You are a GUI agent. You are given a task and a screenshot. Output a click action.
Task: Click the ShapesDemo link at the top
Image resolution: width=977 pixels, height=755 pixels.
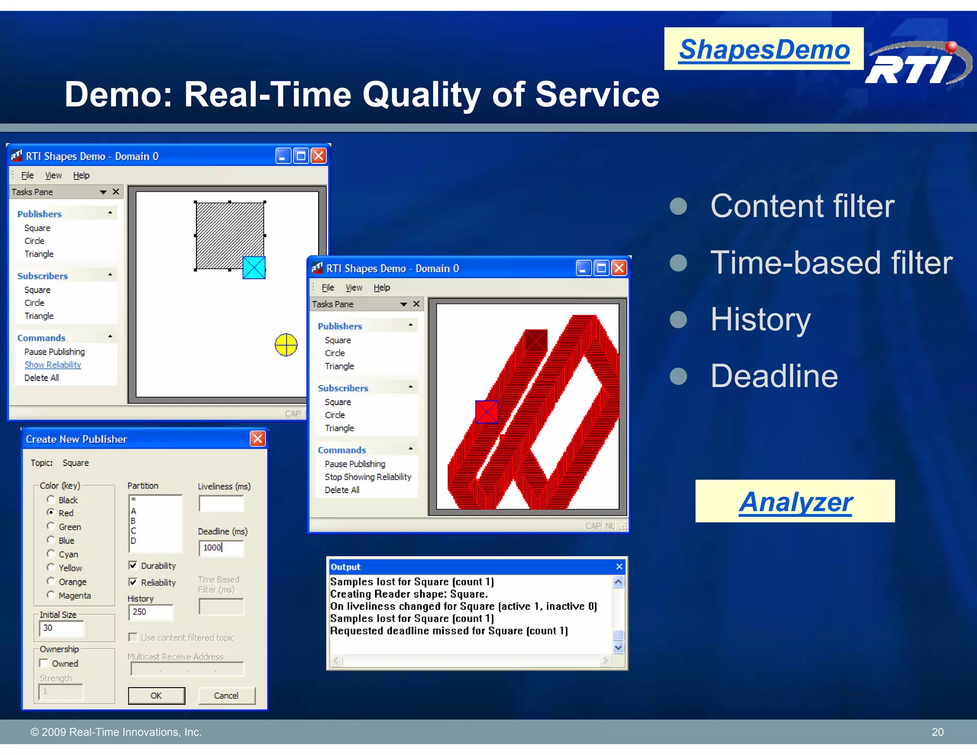(x=764, y=50)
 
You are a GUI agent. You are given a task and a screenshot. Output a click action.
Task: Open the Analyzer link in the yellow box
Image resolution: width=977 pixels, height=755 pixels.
(x=795, y=502)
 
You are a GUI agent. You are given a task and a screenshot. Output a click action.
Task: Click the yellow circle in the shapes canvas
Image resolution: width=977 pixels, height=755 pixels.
(x=286, y=345)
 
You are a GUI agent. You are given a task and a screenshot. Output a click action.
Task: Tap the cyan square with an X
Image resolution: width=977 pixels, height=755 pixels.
(x=254, y=268)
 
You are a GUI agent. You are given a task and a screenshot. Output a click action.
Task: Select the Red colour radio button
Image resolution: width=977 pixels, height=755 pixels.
(x=51, y=512)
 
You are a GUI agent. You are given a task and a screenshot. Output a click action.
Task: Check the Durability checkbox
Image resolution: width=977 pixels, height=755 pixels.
(x=133, y=566)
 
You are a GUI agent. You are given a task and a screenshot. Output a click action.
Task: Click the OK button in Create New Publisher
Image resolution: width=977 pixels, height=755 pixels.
(x=156, y=695)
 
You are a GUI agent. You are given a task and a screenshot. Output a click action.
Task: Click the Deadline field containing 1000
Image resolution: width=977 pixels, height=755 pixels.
(x=221, y=547)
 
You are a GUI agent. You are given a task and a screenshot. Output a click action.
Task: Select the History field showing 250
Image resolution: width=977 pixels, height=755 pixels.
(x=150, y=612)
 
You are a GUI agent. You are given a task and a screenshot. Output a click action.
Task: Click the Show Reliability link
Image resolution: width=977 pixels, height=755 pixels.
(x=52, y=365)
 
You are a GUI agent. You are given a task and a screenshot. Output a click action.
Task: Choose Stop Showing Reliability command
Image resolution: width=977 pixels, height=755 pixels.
(x=367, y=477)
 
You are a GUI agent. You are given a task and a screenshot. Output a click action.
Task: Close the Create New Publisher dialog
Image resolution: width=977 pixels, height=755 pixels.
(x=258, y=439)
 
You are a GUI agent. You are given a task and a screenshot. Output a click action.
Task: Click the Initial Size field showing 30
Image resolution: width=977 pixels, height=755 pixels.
(x=61, y=628)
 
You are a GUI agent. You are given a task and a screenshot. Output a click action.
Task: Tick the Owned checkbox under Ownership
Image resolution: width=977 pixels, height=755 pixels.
(x=44, y=663)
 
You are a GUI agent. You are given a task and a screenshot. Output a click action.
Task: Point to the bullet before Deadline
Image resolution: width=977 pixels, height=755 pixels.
(x=678, y=376)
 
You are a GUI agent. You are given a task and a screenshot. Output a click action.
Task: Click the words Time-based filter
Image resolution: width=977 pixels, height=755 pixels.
(x=831, y=262)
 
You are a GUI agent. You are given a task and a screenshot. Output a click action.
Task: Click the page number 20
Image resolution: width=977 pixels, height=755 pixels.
(x=937, y=732)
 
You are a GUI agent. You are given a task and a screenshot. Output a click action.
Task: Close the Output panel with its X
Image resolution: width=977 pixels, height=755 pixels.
(x=619, y=566)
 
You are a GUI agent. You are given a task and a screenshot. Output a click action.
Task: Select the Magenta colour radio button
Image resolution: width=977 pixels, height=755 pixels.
(x=51, y=595)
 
